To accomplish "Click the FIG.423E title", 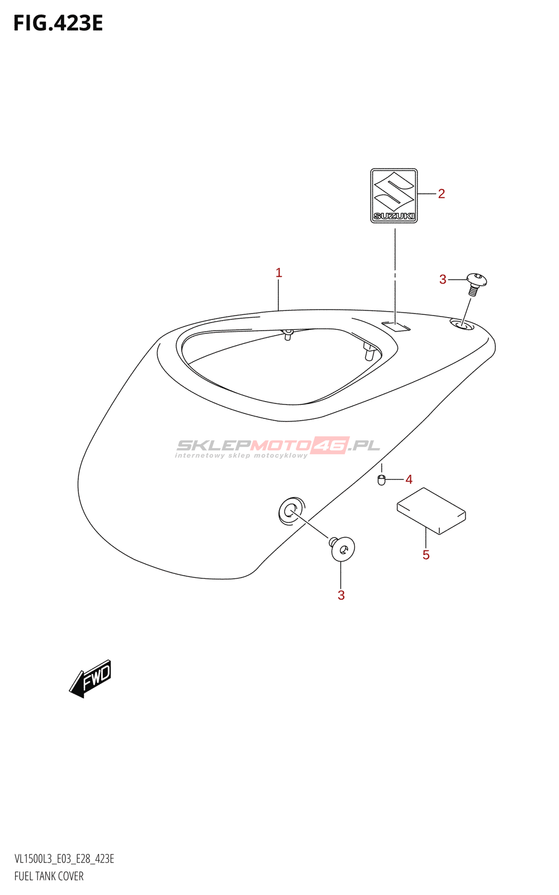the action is click(x=58, y=23).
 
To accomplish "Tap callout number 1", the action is click(x=279, y=273).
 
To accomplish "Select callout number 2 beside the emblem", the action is click(x=441, y=194).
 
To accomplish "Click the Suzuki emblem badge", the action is click(x=394, y=196).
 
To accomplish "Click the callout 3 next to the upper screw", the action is click(x=442, y=280).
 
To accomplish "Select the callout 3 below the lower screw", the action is click(x=341, y=596).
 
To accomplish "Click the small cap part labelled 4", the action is click(x=381, y=481).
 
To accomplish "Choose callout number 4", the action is click(x=409, y=479).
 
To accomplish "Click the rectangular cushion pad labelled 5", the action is click(x=431, y=511).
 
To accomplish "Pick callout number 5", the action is click(x=426, y=555).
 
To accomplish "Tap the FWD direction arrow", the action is click(x=90, y=679).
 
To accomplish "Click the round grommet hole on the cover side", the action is click(x=291, y=511).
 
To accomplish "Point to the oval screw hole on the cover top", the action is click(x=462, y=325).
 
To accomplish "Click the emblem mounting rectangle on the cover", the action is click(x=396, y=326).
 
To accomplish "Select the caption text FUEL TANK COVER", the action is click(x=49, y=876).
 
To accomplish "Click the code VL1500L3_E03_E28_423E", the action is click(x=64, y=858).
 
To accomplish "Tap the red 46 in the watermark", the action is click(x=330, y=445).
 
